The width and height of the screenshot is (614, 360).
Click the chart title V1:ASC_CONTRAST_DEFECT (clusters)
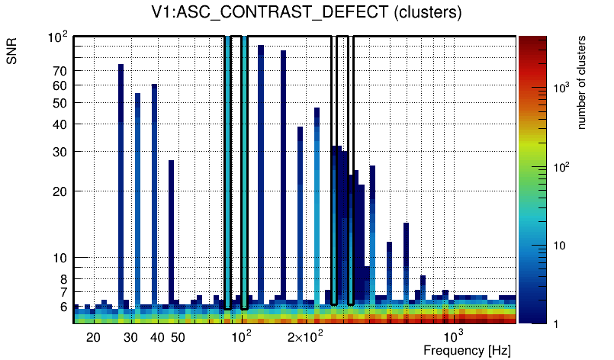click(306, 13)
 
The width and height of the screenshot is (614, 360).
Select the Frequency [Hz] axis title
click(466, 350)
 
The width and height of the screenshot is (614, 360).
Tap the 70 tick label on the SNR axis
click(59, 71)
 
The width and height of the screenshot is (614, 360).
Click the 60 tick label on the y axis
click(59, 86)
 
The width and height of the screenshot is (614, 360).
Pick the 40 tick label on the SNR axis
click(59, 124)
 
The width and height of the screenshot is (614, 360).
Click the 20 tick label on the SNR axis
click(59, 191)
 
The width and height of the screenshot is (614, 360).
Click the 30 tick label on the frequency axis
click(130, 338)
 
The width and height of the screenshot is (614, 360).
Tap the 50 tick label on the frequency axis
click(178, 338)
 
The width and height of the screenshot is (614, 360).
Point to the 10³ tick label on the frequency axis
click(453, 337)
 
